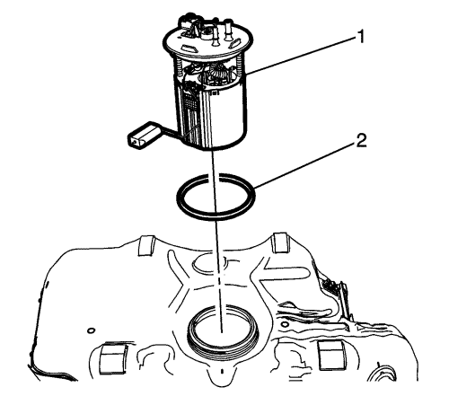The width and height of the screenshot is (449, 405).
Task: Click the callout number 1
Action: pyautogui.click(x=360, y=38)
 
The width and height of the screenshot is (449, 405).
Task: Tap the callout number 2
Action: pyautogui.click(x=361, y=140)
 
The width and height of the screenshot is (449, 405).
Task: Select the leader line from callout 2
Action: pyautogui.click(x=305, y=164)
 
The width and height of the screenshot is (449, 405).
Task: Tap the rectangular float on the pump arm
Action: pyautogui.click(x=144, y=136)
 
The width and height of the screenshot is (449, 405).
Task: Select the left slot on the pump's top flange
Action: pyautogui.click(x=188, y=48)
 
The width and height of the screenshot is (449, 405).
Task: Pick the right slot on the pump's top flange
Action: pyautogui.click(x=235, y=44)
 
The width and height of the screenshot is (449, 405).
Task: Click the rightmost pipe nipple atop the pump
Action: pyautogui.click(x=229, y=30)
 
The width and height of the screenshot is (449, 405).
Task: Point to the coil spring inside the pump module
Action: pyautogui.click(x=216, y=72)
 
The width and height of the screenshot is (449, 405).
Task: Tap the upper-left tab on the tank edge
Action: pyautogui.click(x=146, y=245)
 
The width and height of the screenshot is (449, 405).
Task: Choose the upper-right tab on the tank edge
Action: pyautogui.click(x=280, y=242)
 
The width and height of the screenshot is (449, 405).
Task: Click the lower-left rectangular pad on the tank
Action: pyautogui.click(x=112, y=359)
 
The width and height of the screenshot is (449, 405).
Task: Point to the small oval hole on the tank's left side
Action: pyautogui.click(x=91, y=330)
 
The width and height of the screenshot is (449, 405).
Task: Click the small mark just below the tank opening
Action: pyautogui.click(x=222, y=372)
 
